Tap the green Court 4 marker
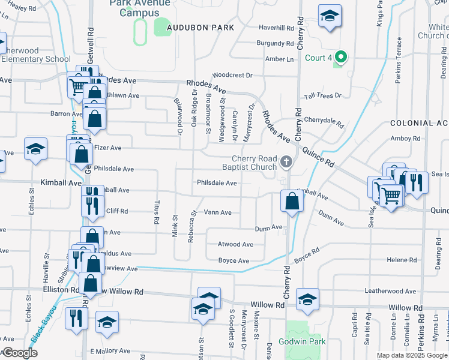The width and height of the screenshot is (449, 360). [341, 58]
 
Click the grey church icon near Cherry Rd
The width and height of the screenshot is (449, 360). [286, 161]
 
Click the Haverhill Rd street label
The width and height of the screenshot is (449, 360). [276, 28]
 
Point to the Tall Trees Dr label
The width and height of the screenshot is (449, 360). [322, 96]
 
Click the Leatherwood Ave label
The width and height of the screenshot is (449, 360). [390, 292]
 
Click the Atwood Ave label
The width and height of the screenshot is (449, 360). [235, 244]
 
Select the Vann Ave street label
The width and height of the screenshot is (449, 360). [218, 212]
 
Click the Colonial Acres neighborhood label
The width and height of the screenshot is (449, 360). [419, 123]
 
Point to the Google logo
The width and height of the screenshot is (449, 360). [19, 353]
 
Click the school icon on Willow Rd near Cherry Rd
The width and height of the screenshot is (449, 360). [307, 298]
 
